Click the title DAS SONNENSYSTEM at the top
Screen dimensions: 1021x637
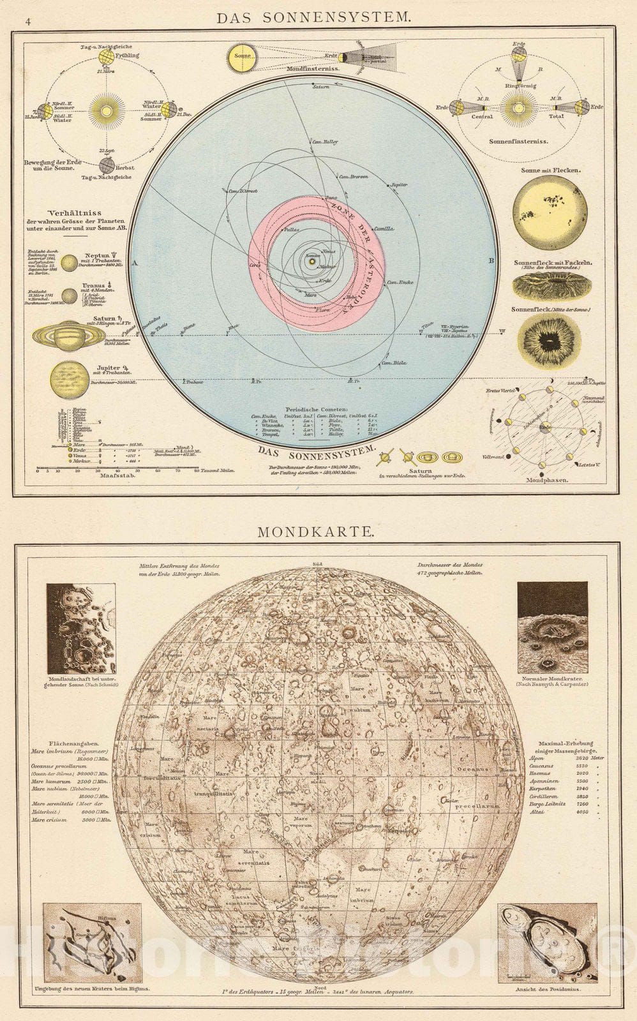[x=313, y=17]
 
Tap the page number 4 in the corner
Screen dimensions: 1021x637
[x=27, y=22]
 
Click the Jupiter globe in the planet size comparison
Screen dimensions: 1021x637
[x=70, y=378]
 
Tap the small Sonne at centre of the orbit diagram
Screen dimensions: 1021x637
[x=312, y=260]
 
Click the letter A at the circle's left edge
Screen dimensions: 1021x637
[x=135, y=261]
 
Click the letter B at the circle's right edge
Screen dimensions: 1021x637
[x=491, y=260]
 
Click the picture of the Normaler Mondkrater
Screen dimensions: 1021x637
[x=552, y=617]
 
